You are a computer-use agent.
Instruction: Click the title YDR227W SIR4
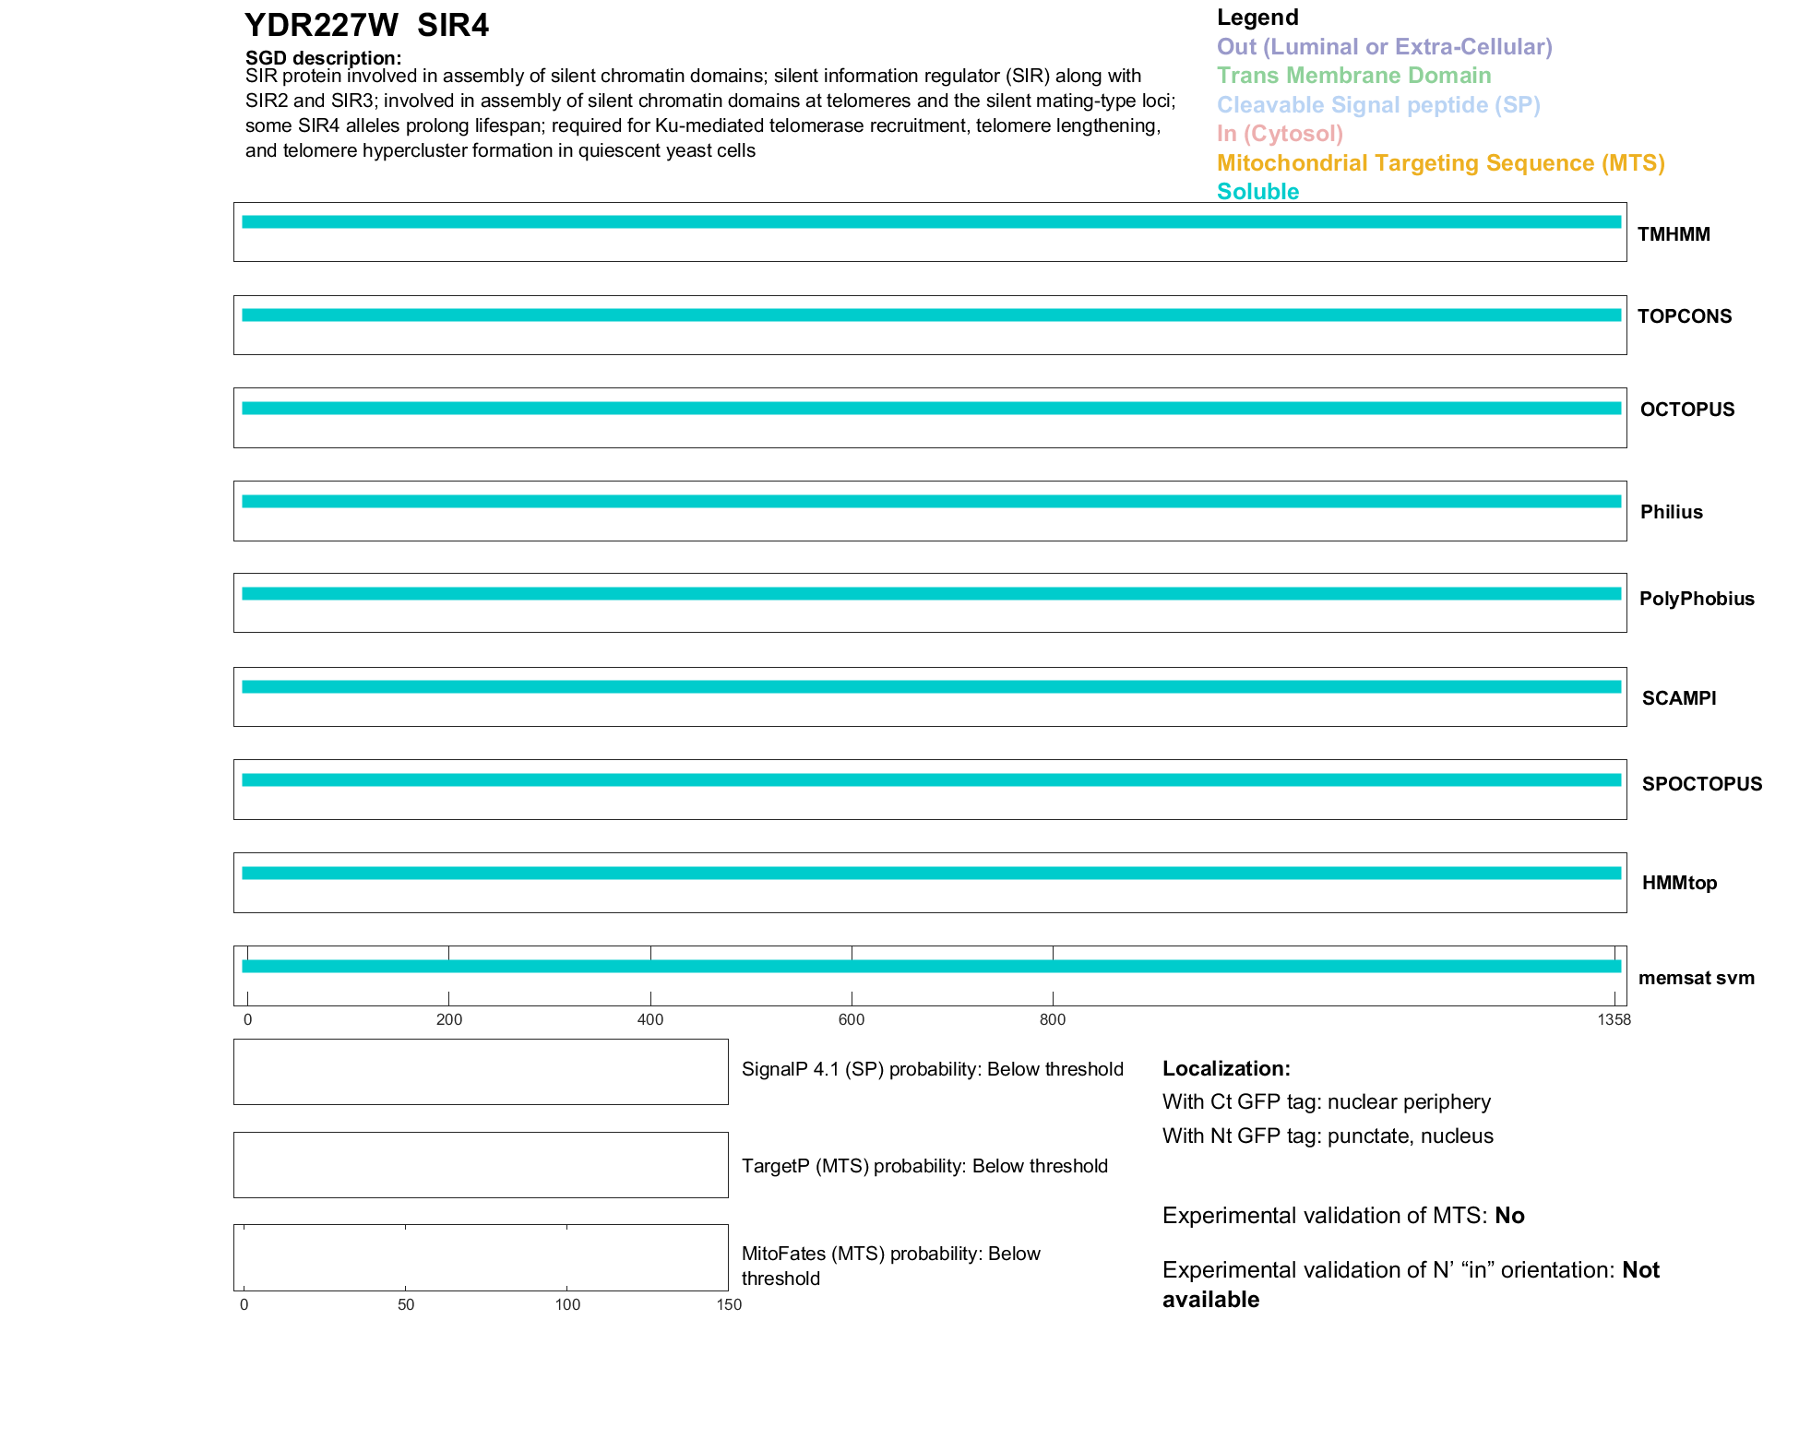pos(366,26)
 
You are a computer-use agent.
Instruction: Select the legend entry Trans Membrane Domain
pos(1353,76)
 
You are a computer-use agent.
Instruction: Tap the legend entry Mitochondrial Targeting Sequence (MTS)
pos(1440,163)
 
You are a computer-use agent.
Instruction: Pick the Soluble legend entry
pos(1257,192)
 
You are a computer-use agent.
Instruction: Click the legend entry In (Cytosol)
pos(1280,134)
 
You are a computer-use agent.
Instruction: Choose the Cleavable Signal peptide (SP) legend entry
pos(1378,105)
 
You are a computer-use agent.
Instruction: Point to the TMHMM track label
pos(1674,234)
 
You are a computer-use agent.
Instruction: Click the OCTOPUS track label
pos(1686,410)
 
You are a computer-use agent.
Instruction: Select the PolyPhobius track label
pos(1696,599)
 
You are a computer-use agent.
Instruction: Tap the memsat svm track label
pos(1696,978)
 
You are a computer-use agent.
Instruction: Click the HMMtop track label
pos(1679,883)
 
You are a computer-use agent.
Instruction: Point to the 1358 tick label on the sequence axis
pos(1614,1019)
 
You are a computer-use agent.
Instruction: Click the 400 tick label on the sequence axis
pos(650,1019)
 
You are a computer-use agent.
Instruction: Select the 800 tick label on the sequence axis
pos(1053,1019)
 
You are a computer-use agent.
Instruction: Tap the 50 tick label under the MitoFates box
pos(406,1304)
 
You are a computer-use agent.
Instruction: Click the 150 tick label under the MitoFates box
pos(729,1304)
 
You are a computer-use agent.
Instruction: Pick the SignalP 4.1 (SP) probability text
pos(932,1069)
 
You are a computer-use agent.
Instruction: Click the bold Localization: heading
pos(1226,1068)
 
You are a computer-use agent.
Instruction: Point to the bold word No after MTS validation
pos(1509,1216)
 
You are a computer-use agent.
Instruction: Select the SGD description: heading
pos(323,58)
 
